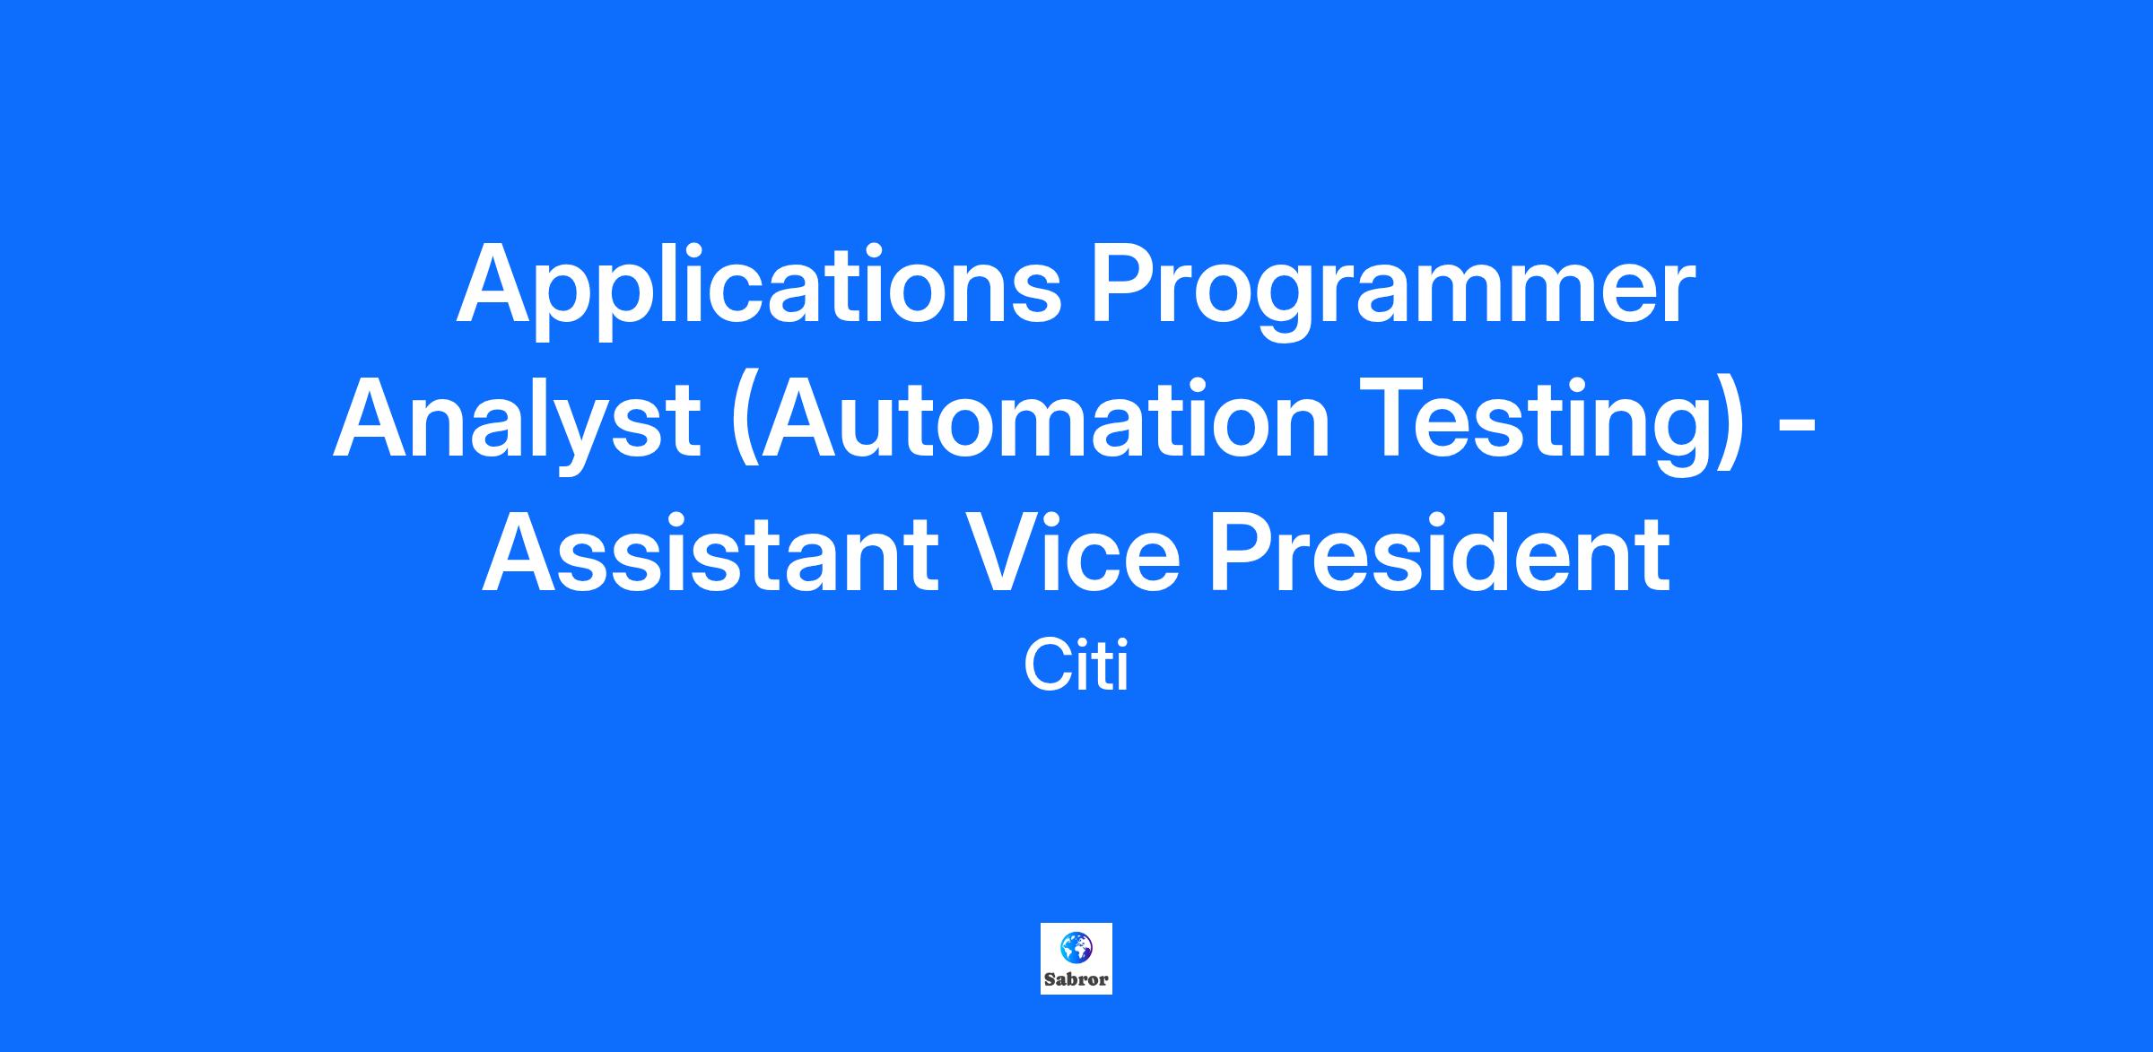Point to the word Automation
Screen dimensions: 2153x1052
(x=1031, y=420)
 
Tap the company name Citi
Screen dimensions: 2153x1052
(x=1076, y=667)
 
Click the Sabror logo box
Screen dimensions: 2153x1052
(x=1076, y=959)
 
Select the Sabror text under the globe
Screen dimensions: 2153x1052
(x=1076, y=979)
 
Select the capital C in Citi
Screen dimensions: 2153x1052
(x=1045, y=667)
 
